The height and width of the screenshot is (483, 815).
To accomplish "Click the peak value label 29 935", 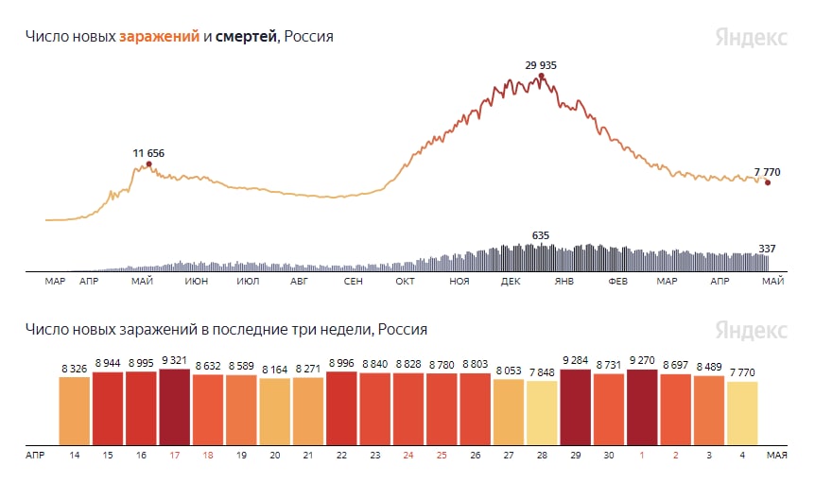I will tap(541, 65).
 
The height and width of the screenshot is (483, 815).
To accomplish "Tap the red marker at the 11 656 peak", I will tap(148, 164).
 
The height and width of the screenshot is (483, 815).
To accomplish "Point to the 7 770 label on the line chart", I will tap(769, 173).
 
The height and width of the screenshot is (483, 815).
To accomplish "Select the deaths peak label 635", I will tap(541, 235).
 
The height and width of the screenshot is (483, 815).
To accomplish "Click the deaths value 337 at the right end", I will tap(767, 249).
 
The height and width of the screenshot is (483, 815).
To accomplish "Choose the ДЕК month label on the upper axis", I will tap(512, 282).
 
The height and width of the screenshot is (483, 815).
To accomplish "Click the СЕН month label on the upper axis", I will tap(353, 282).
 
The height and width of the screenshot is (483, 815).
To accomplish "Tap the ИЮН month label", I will tap(197, 282).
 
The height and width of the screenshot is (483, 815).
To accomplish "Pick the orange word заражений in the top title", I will tap(159, 37).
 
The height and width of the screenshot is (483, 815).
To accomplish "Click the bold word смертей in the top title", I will tap(246, 37).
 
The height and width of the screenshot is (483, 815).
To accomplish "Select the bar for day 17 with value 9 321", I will tap(174, 406).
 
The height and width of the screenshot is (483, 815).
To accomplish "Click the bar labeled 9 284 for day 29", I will tap(576, 406).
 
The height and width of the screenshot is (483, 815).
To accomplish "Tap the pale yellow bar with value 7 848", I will tap(542, 413).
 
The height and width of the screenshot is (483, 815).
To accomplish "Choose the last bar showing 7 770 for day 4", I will tap(742, 413).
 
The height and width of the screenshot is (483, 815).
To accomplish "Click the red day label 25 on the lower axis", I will tap(442, 455).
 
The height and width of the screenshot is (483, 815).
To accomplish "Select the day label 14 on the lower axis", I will tap(74, 455).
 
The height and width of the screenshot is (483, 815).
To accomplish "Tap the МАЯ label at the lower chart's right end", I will tap(776, 455).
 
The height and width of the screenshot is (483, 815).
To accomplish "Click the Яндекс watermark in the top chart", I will tap(751, 38).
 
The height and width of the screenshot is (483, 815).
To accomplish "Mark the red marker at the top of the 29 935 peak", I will tap(540, 76).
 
